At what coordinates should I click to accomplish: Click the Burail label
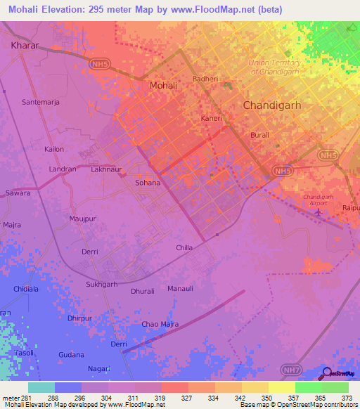pyautogui.click(x=259, y=134)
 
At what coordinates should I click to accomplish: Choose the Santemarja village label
pyautogui.click(x=41, y=102)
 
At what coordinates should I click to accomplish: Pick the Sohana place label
pyautogui.click(x=148, y=183)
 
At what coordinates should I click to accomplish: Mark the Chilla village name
pyautogui.click(x=184, y=248)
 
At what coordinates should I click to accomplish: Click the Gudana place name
pyautogui.click(x=72, y=355)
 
